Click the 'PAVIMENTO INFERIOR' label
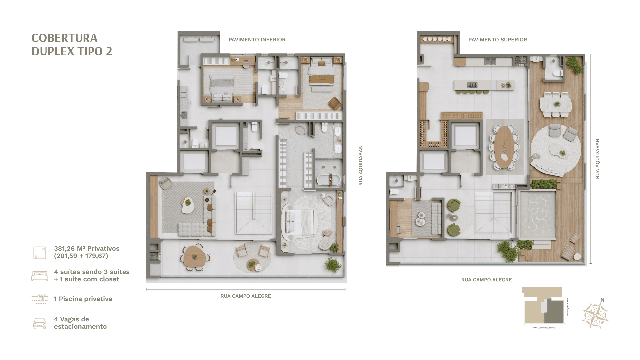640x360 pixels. tap(257, 40)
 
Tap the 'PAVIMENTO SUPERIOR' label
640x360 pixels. tap(498, 40)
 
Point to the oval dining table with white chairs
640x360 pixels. tap(504, 147)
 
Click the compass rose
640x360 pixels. tap(595, 315)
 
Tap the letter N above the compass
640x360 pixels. tap(602, 300)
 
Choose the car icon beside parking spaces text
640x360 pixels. tap(40, 323)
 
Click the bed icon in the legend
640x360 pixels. tap(40, 276)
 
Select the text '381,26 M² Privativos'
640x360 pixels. tap(87, 249)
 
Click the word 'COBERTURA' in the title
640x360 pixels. tap(64, 38)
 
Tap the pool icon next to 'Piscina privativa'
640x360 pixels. tap(40, 299)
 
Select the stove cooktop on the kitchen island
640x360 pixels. tap(472, 85)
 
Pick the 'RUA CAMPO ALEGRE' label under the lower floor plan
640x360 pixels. tap(246, 296)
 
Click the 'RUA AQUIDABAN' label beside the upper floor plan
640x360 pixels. tap(597, 159)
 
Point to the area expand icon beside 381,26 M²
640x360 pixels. tap(40, 253)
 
